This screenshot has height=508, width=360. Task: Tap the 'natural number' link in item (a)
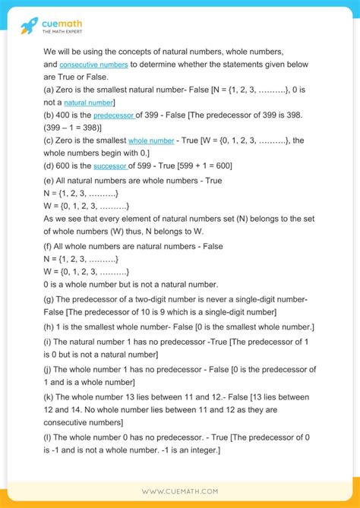pos(88,102)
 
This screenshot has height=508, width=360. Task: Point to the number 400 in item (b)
pos(65,115)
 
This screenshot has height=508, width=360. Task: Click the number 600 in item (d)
pos(65,166)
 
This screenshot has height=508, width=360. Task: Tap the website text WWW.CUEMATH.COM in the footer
pos(179,491)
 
